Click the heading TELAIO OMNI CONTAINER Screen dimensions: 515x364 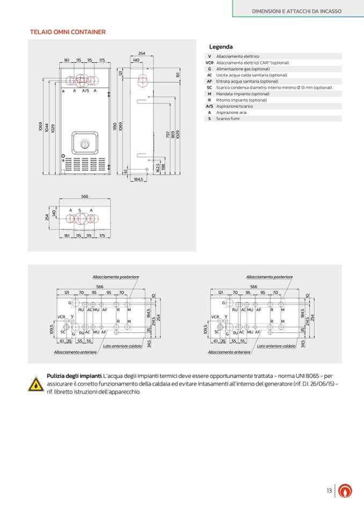click(x=67, y=32)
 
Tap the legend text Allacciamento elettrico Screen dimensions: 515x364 click(x=237, y=56)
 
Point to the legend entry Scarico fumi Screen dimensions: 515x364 click(x=228, y=119)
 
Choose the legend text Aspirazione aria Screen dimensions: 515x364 click(x=231, y=112)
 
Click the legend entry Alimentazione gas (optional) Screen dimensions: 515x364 click(x=243, y=69)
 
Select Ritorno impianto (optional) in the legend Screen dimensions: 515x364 click(x=241, y=100)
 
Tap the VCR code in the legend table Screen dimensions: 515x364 click(x=209, y=62)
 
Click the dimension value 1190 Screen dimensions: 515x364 click(x=114, y=127)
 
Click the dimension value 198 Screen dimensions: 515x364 click(x=163, y=168)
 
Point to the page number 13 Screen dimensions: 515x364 click(x=329, y=490)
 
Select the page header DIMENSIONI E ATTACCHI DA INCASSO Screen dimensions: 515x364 click(x=297, y=11)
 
